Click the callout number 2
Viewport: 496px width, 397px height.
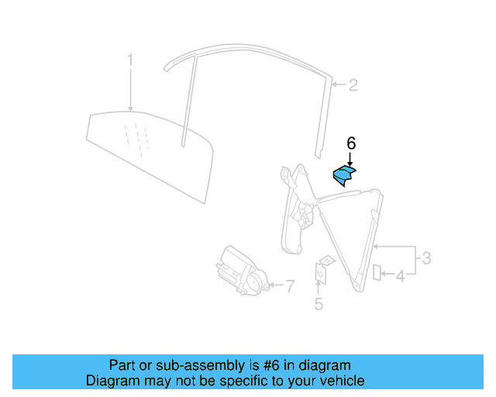(x=353, y=85)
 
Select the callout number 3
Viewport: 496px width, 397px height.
(x=425, y=258)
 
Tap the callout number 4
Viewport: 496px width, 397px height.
(x=400, y=275)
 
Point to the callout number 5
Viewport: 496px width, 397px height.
(x=318, y=305)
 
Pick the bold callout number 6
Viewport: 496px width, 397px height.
(x=351, y=143)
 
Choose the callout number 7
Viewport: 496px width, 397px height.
(x=289, y=287)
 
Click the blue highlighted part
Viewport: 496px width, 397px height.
(x=343, y=176)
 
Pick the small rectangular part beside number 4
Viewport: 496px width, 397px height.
(x=377, y=271)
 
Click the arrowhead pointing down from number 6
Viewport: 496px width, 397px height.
(x=350, y=163)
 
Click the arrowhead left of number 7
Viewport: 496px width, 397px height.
(x=269, y=286)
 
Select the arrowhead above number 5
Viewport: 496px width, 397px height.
(x=318, y=284)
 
